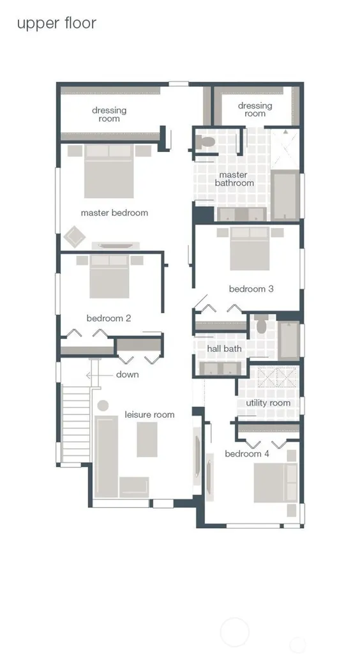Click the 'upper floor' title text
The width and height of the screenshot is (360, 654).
point(57,24)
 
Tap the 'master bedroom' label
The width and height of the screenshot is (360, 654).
point(114,213)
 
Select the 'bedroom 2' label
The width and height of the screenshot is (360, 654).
point(109,318)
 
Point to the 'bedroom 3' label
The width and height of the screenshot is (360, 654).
point(251,289)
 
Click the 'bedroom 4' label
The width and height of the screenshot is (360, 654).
point(247,454)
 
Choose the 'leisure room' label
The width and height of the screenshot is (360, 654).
point(149,414)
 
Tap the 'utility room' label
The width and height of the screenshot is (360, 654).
point(268,403)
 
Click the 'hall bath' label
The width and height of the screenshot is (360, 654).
point(224,348)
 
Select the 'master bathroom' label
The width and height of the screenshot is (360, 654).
point(234,179)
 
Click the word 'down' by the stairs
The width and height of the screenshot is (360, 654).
point(128,374)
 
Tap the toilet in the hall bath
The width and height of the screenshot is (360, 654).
point(262,324)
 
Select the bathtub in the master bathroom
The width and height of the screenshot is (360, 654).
point(285,195)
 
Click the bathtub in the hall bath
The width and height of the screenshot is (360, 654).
point(289,340)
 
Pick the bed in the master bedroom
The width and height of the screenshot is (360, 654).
point(109,171)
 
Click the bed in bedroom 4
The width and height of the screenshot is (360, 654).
point(275,482)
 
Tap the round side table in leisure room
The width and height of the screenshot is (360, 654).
point(103,406)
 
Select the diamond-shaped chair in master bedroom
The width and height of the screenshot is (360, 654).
point(75,237)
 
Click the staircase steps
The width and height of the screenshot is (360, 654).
point(76,425)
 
